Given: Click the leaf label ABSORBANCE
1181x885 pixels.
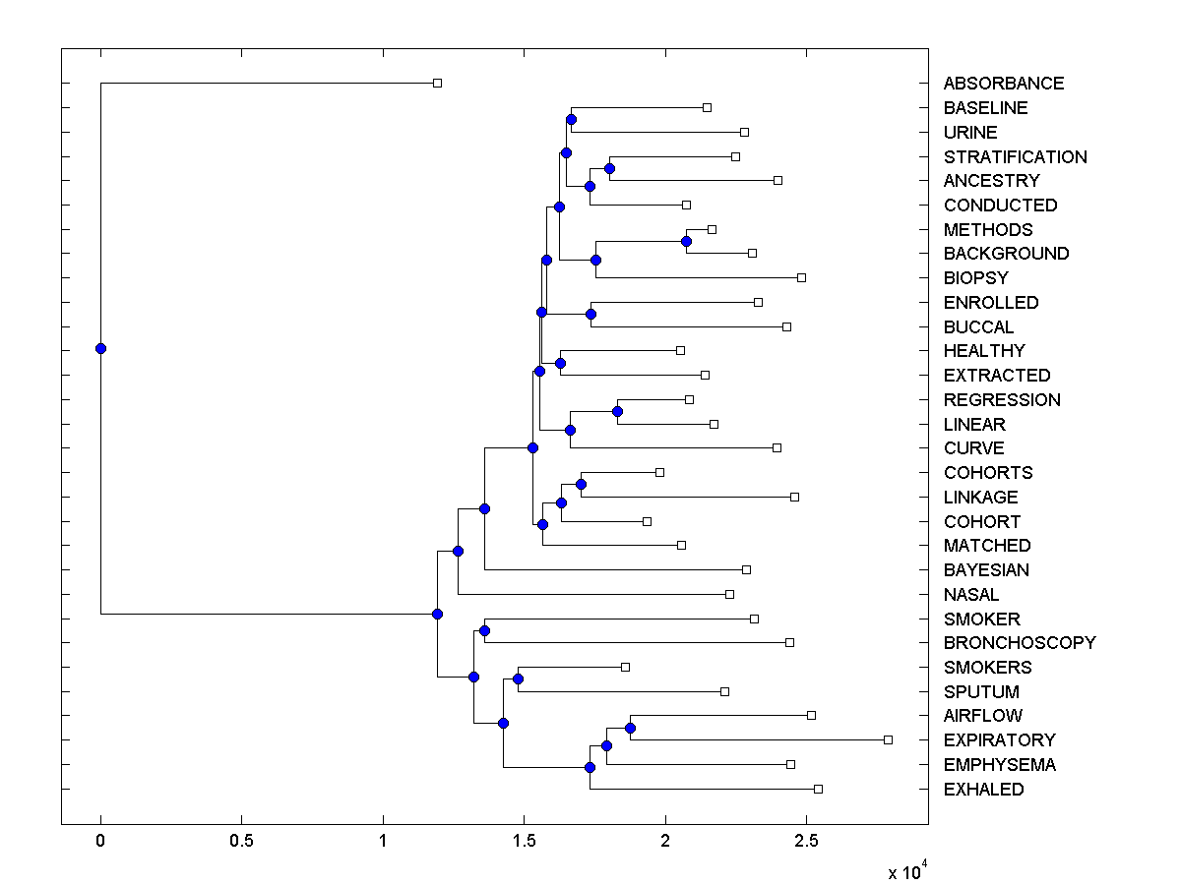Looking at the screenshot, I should pyautogui.click(x=1003, y=84).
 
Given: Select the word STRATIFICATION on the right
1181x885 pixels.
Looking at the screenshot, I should pyautogui.click(x=1015, y=157).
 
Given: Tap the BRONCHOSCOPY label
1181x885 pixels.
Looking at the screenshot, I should pyautogui.click(x=1019, y=643).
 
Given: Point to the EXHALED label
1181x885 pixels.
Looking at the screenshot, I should pyautogui.click(x=983, y=790).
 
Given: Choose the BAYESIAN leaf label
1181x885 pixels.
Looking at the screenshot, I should pyautogui.click(x=987, y=570).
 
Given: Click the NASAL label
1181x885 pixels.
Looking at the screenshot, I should pyautogui.click(x=970, y=595).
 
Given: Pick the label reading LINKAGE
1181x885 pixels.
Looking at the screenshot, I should pyautogui.click(x=980, y=498).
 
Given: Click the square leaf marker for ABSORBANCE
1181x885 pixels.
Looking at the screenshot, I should pyautogui.click(x=438, y=83).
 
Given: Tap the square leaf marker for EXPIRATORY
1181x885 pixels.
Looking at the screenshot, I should pyautogui.click(x=888, y=739).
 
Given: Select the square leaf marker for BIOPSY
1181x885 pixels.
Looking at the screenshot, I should pyautogui.click(x=801, y=277).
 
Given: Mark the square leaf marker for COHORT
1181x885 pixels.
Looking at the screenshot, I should pyautogui.click(x=647, y=521).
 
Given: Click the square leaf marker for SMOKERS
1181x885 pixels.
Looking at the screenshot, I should pyautogui.click(x=625, y=667).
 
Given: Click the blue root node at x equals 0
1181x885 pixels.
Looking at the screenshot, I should pyautogui.click(x=100, y=348).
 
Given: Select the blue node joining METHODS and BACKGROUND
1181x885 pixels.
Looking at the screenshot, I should pyautogui.click(x=686, y=241).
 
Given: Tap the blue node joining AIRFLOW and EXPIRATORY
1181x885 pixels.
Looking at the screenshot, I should pyautogui.click(x=630, y=728).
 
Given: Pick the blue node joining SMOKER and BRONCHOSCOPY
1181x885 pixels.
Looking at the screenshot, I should pyautogui.click(x=484, y=630).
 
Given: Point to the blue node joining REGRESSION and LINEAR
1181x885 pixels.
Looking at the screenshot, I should pyautogui.click(x=617, y=411).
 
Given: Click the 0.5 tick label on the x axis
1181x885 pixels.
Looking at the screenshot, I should pyautogui.click(x=241, y=842).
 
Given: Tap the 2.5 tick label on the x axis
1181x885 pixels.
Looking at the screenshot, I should pyautogui.click(x=806, y=842).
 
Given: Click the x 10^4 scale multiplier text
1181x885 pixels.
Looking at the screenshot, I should pyautogui.click(x=907, y=872).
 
